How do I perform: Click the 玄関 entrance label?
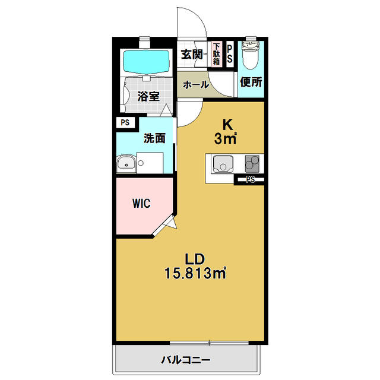coord(192,54)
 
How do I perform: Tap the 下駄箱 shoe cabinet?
coord(217,54)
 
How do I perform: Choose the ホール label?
coord(195,84)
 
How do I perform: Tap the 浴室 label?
coord(148,96)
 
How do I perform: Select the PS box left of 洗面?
coord(125,123)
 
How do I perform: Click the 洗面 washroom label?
coord(154,138)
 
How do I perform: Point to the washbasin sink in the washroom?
coord(126,164)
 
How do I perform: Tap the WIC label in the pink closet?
coord(141,203)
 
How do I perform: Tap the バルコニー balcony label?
coord(186,360)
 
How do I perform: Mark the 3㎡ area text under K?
coord(227,139)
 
